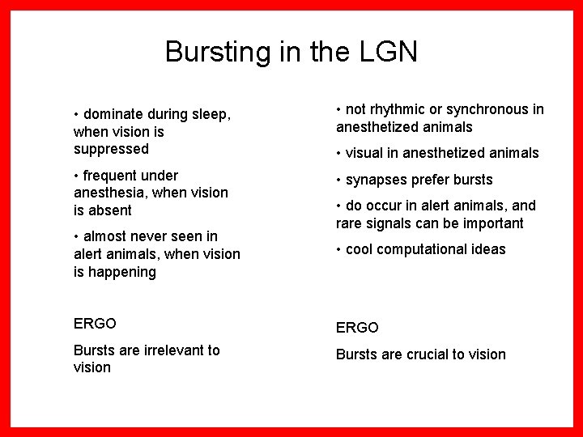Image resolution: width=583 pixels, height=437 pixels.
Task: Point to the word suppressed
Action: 111,149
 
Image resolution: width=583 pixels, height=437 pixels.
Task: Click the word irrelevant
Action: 170,350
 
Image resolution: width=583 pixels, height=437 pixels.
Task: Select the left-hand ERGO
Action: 95,324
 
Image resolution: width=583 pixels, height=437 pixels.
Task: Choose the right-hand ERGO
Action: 356,328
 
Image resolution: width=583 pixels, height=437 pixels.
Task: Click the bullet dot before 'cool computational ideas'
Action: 339,249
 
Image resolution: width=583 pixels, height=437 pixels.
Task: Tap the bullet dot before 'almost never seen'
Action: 77,236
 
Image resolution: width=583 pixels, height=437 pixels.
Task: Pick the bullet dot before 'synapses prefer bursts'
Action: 339,180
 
